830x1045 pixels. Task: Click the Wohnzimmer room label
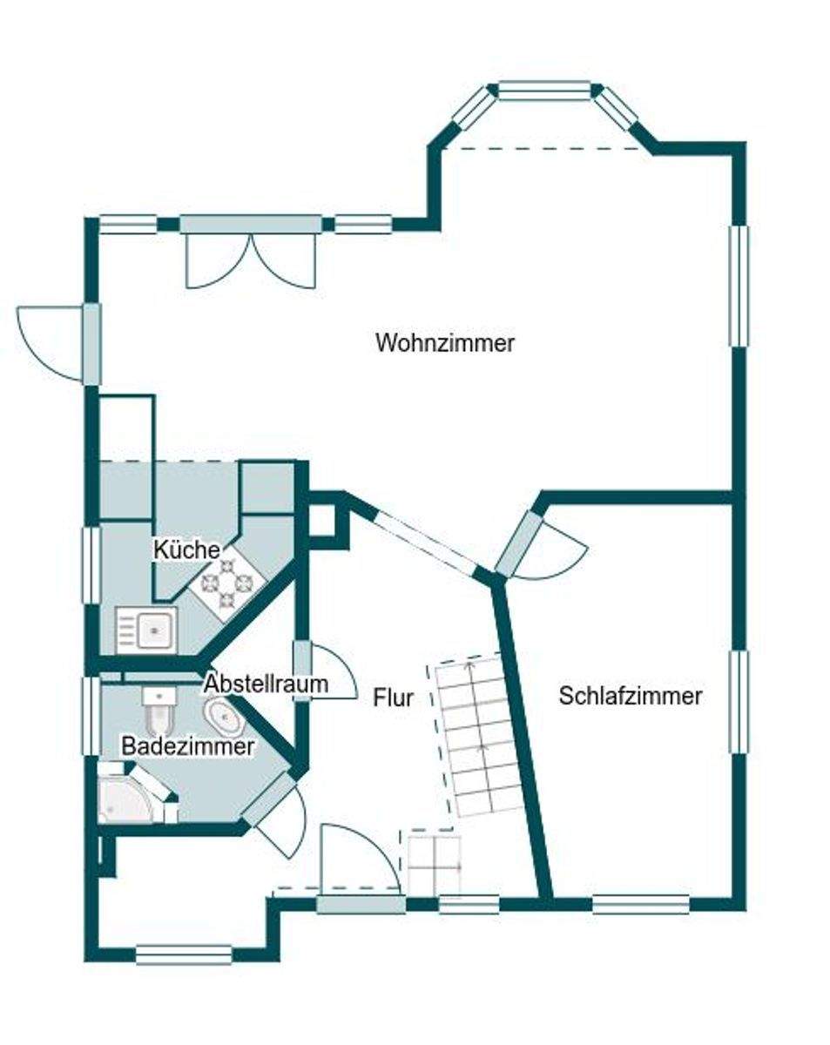click(445, 342)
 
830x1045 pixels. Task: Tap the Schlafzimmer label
click(631, 696)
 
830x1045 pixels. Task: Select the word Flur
click(393, 698)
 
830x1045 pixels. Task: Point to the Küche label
click(186, 549)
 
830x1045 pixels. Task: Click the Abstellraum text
click(267, 684)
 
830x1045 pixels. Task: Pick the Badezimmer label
click(188, 746)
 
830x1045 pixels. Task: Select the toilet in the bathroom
click(159, 710)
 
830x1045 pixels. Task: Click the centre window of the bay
click(544, 91)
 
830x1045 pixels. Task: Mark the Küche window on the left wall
click(91, 565)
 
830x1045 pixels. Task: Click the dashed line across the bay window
click(546, 149)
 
